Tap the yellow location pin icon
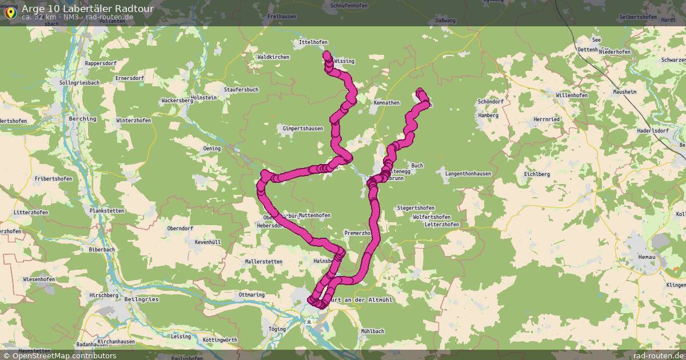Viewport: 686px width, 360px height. pyautogui.click(x=10, y=13)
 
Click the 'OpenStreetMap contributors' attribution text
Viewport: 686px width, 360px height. pyautogui.click(x=64, y=355)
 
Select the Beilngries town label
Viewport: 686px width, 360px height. pyautogui.click(x=141, y=299)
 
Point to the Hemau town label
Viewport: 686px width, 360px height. pyautogui.click(x=646, y=258)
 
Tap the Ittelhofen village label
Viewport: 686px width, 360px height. pyautogui.click(x=313, y=42)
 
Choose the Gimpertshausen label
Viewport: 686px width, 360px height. pyautogui.click(x=302, y=129)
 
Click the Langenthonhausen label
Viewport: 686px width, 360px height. pyautogui.click(x=468, y=173)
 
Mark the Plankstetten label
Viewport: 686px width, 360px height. pyautogui.click(x=107, y=211)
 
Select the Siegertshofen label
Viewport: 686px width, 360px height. pyautogui.click(x=416, y=208)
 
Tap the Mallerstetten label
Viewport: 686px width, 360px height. pyautogui.click(x=264, y=262)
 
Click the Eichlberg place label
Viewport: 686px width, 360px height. pyautogui.click(x=537, y=174)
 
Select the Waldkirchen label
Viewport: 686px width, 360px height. pyautogui.click(x=273, y=57)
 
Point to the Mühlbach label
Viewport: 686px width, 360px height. pyautogui.click(x=373, y=331)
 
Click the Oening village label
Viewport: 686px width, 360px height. pyautogui.click(x=212, y=149)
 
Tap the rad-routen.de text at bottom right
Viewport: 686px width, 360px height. pyautogui.click(x=659, y=355)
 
